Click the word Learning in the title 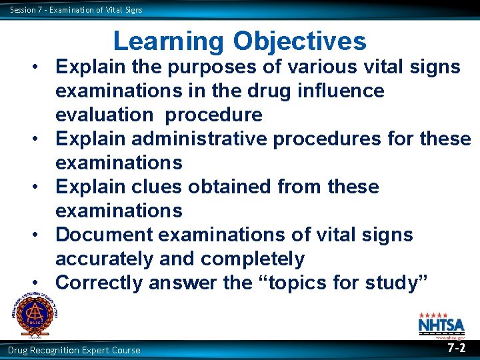(x=169, y=41)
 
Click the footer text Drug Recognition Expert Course (x=74, y=350)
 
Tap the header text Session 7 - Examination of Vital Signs (x=76, y=9)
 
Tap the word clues (x=159, y=187)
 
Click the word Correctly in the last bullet (x=99, y=283)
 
